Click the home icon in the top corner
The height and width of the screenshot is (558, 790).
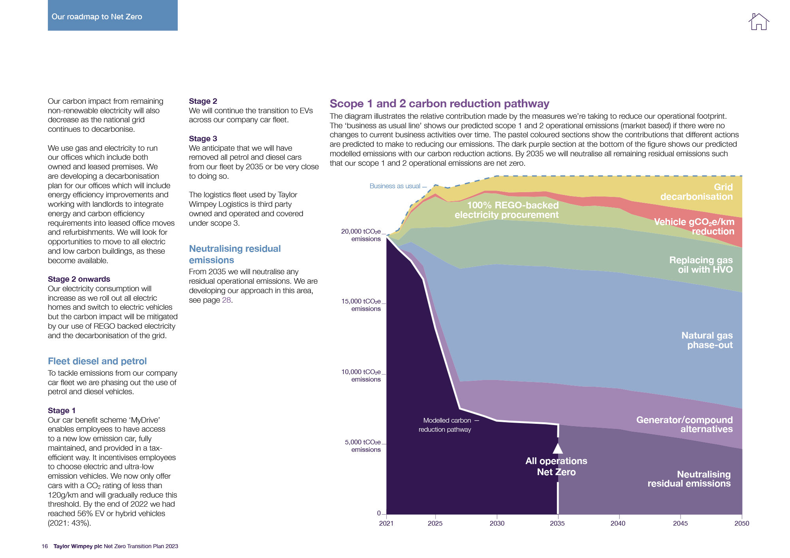pos(758,22)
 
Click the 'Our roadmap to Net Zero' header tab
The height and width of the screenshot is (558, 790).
pos(113,15)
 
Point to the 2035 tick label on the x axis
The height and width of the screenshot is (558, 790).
pos(557,523)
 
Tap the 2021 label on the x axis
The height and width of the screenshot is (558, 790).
pos(386,523)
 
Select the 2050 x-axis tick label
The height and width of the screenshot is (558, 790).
pos(741,523)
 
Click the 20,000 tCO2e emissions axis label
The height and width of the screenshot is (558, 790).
pos(361,235)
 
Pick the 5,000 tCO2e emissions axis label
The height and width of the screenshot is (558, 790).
pos(363,446)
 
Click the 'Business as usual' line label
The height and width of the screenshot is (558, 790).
pos(395,186)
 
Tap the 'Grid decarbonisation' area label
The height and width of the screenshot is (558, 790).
pos(696,192)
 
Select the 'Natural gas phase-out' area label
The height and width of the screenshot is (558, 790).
pos(707,340)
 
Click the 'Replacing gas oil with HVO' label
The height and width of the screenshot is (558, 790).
pos(701,265)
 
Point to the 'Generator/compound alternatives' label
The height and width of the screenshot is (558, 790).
pos(685,424)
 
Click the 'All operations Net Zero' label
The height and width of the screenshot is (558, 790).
pos(556,466)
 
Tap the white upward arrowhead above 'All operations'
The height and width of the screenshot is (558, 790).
pos(558,448)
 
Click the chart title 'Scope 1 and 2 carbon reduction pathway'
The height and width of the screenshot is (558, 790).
pos(439,103)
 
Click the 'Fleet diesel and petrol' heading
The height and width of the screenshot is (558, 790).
pos(97,361)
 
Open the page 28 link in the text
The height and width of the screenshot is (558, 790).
pos(226,300)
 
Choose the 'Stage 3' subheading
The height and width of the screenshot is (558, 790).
pos(203,139)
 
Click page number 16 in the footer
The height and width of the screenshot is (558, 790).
pos(45,546)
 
